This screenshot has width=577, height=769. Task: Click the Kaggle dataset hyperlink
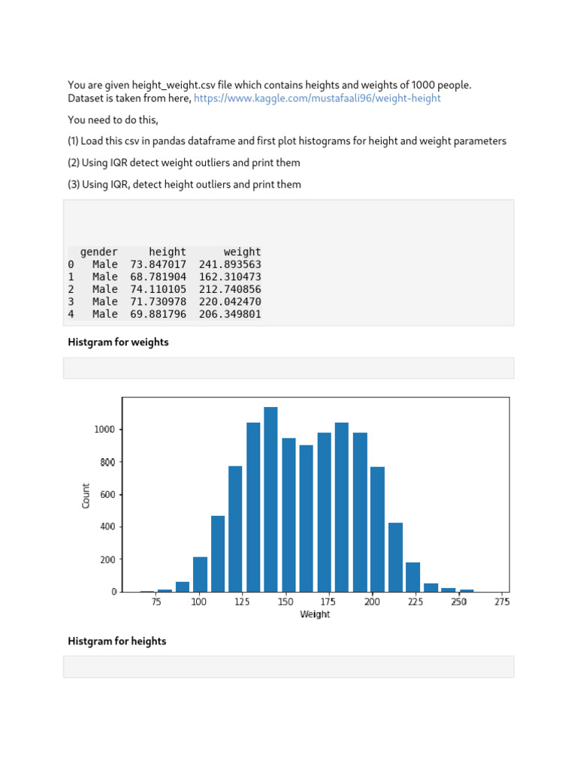tap(317, 98)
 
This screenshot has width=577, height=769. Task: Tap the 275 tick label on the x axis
tap(501, 602)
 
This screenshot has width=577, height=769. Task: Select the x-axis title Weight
tap(315, 614)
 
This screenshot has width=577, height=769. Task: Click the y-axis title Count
tap(86, 495)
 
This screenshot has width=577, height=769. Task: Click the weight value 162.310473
tap(230, 277)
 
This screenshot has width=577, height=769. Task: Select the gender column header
tap(99, 252)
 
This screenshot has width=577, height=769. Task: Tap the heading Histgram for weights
tap(118, 342)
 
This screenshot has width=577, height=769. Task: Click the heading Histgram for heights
tap(117, 641)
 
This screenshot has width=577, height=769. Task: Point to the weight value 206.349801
tap(230, 314)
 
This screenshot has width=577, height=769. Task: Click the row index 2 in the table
tap(71, 289)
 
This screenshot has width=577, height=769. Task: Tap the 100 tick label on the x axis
tap(199, 602)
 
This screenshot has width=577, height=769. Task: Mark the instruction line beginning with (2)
tap(184, 163)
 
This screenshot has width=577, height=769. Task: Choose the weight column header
tap(242, 252)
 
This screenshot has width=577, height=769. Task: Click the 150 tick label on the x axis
tap(285, 602)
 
